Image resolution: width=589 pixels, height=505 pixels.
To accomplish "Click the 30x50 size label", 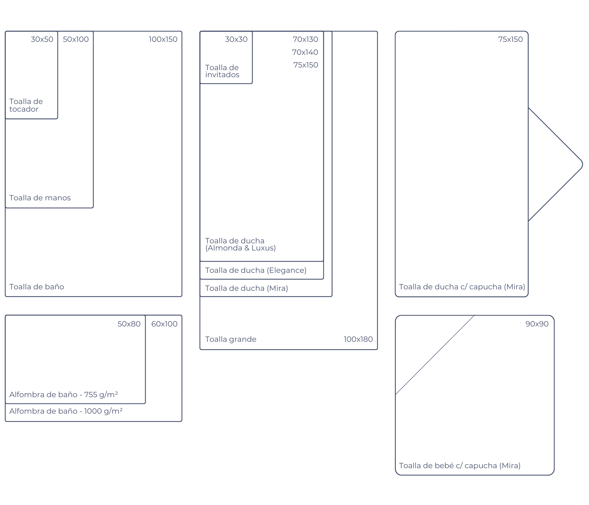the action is click(42, 39).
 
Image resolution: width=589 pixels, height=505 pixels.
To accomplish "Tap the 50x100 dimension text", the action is click(76, 39).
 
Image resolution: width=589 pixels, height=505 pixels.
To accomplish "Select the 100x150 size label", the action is click(163, 39).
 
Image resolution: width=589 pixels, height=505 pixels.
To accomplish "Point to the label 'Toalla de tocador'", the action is click(26, 105).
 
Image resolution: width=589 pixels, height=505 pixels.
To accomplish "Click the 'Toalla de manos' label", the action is click(40, 198).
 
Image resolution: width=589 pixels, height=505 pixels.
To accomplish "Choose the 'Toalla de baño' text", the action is click(37, 287).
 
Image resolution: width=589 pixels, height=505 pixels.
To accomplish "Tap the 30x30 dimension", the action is click(236, 39).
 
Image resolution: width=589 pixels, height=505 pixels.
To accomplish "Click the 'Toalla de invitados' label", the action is click(222, 71).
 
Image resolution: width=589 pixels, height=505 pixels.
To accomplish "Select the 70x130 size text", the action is click(305, 39).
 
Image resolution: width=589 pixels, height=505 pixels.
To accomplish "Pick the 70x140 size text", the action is click(305, 52).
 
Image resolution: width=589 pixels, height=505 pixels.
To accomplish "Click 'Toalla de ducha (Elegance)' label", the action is click(256, 270).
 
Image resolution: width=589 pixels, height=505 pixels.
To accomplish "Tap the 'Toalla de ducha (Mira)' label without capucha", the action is click(247, 288).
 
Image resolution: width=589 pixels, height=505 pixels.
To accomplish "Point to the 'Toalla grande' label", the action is click(231, 339).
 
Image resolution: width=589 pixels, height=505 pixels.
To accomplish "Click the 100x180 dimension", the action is click(358, 339).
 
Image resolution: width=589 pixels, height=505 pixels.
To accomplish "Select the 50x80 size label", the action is click(129, 324).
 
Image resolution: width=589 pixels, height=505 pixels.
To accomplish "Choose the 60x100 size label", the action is click(164, 324).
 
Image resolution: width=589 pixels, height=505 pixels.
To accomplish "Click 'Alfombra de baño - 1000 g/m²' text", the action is click(66, 411).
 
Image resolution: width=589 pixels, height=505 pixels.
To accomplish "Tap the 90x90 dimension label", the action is click(537, 324).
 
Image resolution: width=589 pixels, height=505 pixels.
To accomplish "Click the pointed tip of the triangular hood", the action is click(583, 164).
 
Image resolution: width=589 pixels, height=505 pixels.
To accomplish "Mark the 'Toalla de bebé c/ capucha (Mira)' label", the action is click(460, 466).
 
